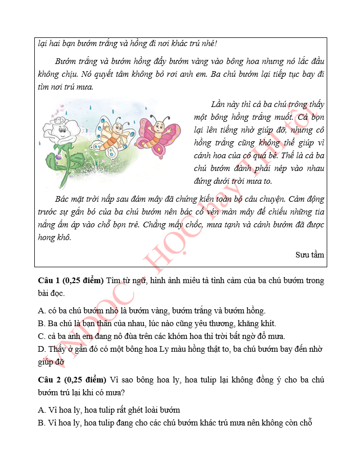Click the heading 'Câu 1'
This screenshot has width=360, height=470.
[x=49, y=281]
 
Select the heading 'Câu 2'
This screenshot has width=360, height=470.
[x=49, y=379]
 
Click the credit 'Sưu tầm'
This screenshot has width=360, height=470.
[x=309, y=254]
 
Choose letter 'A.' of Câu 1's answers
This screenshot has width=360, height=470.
[x=43, y=310]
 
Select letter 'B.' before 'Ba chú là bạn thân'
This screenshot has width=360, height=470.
[x=42, y=323]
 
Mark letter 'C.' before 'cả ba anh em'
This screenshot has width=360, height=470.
[x=42, y=336]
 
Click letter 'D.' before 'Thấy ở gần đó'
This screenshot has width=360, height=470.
[x=43, y=349]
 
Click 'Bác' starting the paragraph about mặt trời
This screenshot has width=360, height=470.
[x=61, y=199]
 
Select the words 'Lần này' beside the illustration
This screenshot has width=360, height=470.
[x=222, y=105]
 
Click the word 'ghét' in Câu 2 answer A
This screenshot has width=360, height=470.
[x=130, y=410]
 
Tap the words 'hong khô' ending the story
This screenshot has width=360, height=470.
[x=54, y=238]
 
